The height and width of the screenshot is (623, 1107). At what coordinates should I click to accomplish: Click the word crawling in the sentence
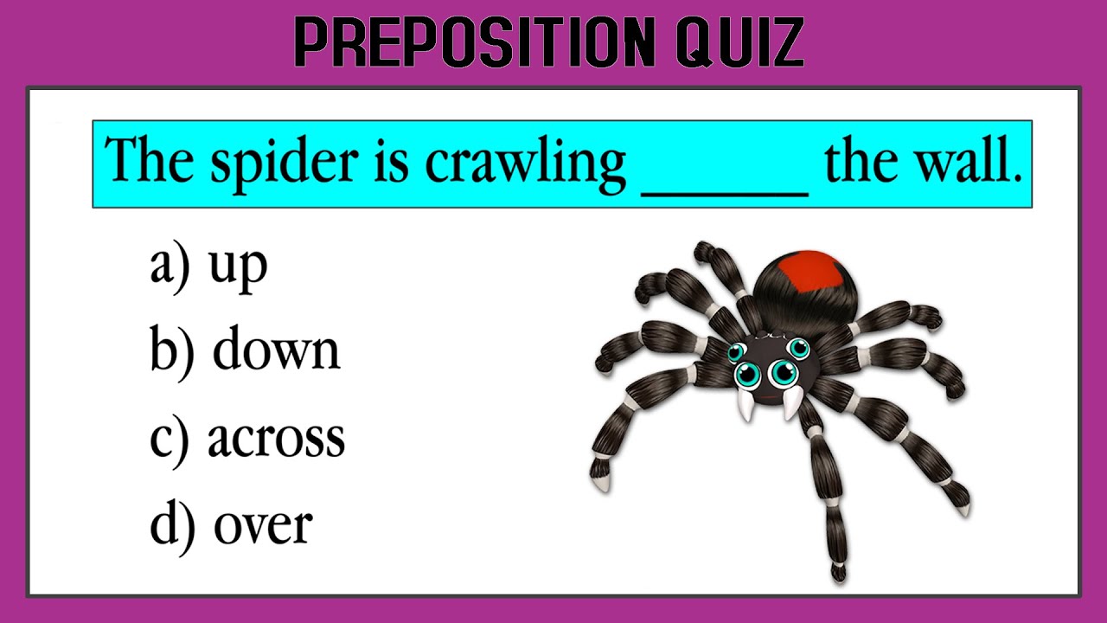coord(525,164)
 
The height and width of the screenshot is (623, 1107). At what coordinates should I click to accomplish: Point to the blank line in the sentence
coord(725,192)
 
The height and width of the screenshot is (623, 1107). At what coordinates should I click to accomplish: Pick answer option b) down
coord(245,350)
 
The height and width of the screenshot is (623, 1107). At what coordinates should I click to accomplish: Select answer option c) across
coord(247,438)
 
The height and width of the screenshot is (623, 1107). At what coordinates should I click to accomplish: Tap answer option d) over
coord(231,524)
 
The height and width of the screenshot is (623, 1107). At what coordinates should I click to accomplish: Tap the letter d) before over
coord(170,524)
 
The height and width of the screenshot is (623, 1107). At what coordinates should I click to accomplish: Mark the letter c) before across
coord(169,438)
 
